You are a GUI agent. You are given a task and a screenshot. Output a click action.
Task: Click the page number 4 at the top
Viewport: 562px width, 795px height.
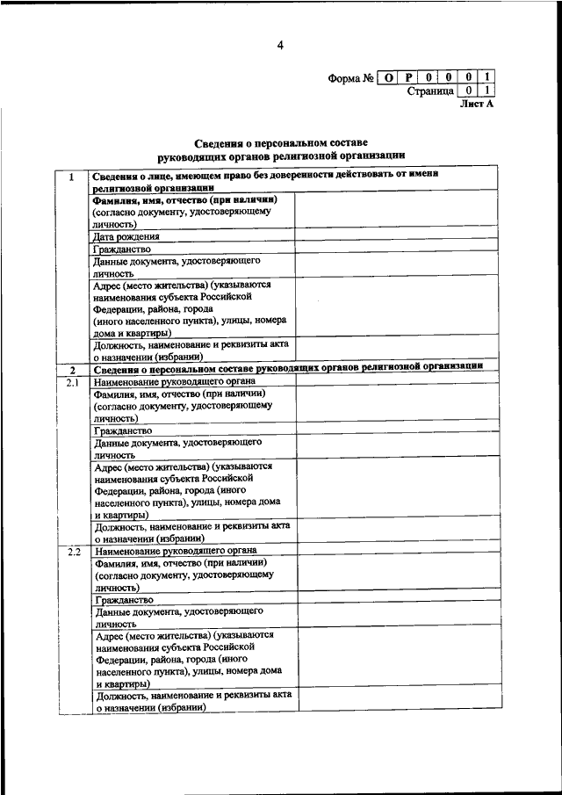point(280,45)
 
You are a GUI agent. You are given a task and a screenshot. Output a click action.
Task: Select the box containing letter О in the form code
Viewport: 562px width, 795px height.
point(389,77)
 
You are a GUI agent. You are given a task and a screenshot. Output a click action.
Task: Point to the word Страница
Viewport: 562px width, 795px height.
point(429,90)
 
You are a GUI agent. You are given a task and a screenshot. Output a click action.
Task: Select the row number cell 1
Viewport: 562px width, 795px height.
point(71,177)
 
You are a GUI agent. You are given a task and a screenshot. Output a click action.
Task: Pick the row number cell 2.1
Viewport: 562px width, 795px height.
point(71,382)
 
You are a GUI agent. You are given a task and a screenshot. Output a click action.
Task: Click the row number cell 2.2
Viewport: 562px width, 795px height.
point(71,551)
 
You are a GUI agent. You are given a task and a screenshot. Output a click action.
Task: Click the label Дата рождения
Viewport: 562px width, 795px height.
point(126,237)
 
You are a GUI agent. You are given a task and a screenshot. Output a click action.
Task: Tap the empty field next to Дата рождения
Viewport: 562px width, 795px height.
point(395,237)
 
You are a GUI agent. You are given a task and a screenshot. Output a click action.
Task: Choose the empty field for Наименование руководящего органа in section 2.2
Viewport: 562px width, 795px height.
point(395,551)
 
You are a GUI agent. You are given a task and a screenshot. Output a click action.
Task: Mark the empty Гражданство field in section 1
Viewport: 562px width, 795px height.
point(395,249)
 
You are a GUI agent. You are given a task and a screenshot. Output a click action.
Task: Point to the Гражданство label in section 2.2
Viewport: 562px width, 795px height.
point(123,600)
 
